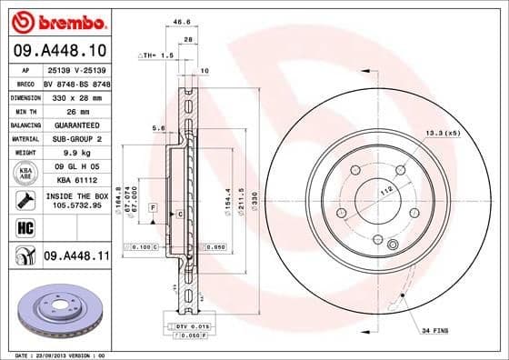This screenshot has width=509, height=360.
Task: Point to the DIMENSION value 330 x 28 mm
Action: tap(76, 95)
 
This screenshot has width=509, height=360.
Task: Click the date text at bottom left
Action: tap(56, 354)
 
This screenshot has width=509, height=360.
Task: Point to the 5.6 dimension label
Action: tap(159, 128)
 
